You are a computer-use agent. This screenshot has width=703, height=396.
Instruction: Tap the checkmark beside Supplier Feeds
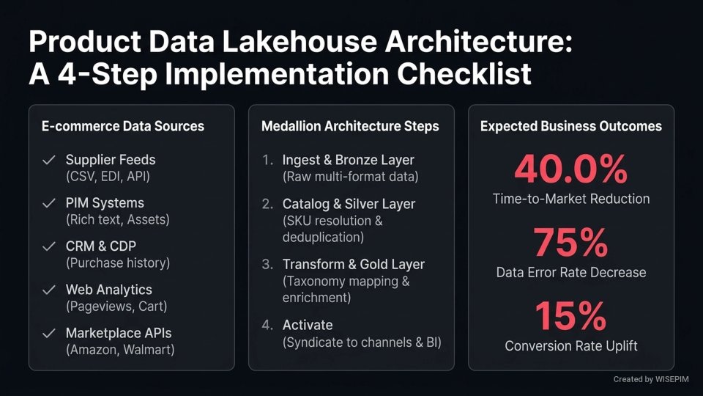49,160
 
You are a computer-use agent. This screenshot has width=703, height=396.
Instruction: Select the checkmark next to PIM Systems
49,203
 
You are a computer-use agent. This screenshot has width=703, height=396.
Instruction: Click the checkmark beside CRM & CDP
49,246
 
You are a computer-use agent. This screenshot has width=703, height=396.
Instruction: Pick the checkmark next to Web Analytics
49,290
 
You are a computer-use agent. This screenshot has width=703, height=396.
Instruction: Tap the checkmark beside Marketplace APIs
49,333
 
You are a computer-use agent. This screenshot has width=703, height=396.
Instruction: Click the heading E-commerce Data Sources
123,126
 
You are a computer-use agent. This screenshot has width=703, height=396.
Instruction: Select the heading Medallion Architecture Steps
350,126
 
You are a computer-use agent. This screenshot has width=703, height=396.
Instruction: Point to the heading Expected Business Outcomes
571,126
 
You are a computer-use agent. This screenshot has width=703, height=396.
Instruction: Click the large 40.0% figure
571,169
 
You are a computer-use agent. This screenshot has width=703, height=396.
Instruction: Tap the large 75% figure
571,243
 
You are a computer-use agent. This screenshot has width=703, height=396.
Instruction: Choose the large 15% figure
571,316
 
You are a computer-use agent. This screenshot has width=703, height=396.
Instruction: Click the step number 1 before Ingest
267,160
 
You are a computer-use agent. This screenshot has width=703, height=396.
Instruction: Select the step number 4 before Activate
267,325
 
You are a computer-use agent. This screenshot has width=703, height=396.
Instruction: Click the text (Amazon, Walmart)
120,350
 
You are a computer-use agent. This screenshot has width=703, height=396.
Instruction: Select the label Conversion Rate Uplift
571,345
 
